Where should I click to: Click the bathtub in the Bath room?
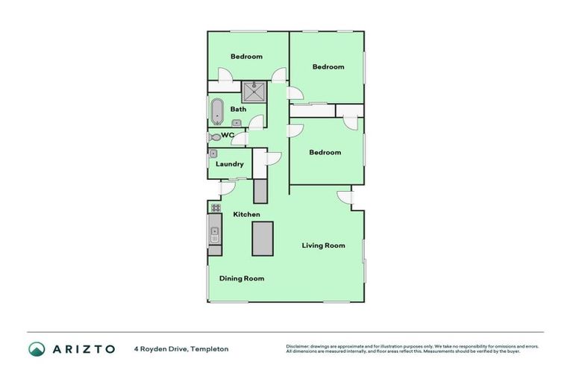tap(216, 112)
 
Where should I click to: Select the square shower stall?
tap(254, 93)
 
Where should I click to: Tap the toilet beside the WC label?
tap(214, 137)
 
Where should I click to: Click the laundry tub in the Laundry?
tap(213, 154)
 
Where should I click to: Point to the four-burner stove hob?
tap(215, 208)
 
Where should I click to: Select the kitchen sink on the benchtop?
tap(214, 234)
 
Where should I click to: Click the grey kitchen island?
tap(263, 239)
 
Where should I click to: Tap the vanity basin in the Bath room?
tap(237, 123)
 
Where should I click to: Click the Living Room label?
tap(323, 245)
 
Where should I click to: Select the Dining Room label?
tap(242, 278)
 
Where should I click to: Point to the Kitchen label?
tap(246, 215)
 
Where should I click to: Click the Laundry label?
tap(230, 164)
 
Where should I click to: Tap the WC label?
tap(228, 135)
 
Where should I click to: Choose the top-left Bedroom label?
tap(246, 57)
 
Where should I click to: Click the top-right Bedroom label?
tap(328, 67)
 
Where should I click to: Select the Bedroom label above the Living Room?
tap(325, 153)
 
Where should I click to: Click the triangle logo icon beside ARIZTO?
tap(37, 348)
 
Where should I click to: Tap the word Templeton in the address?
tap(210, 348)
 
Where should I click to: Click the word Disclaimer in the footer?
tap(298, 346)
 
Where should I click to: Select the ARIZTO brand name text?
tap(83, 348)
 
